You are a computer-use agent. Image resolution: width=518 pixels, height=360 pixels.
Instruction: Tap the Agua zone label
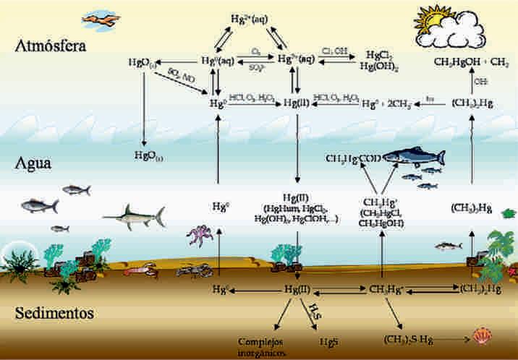pyautogui.click(x=34, y=163)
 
